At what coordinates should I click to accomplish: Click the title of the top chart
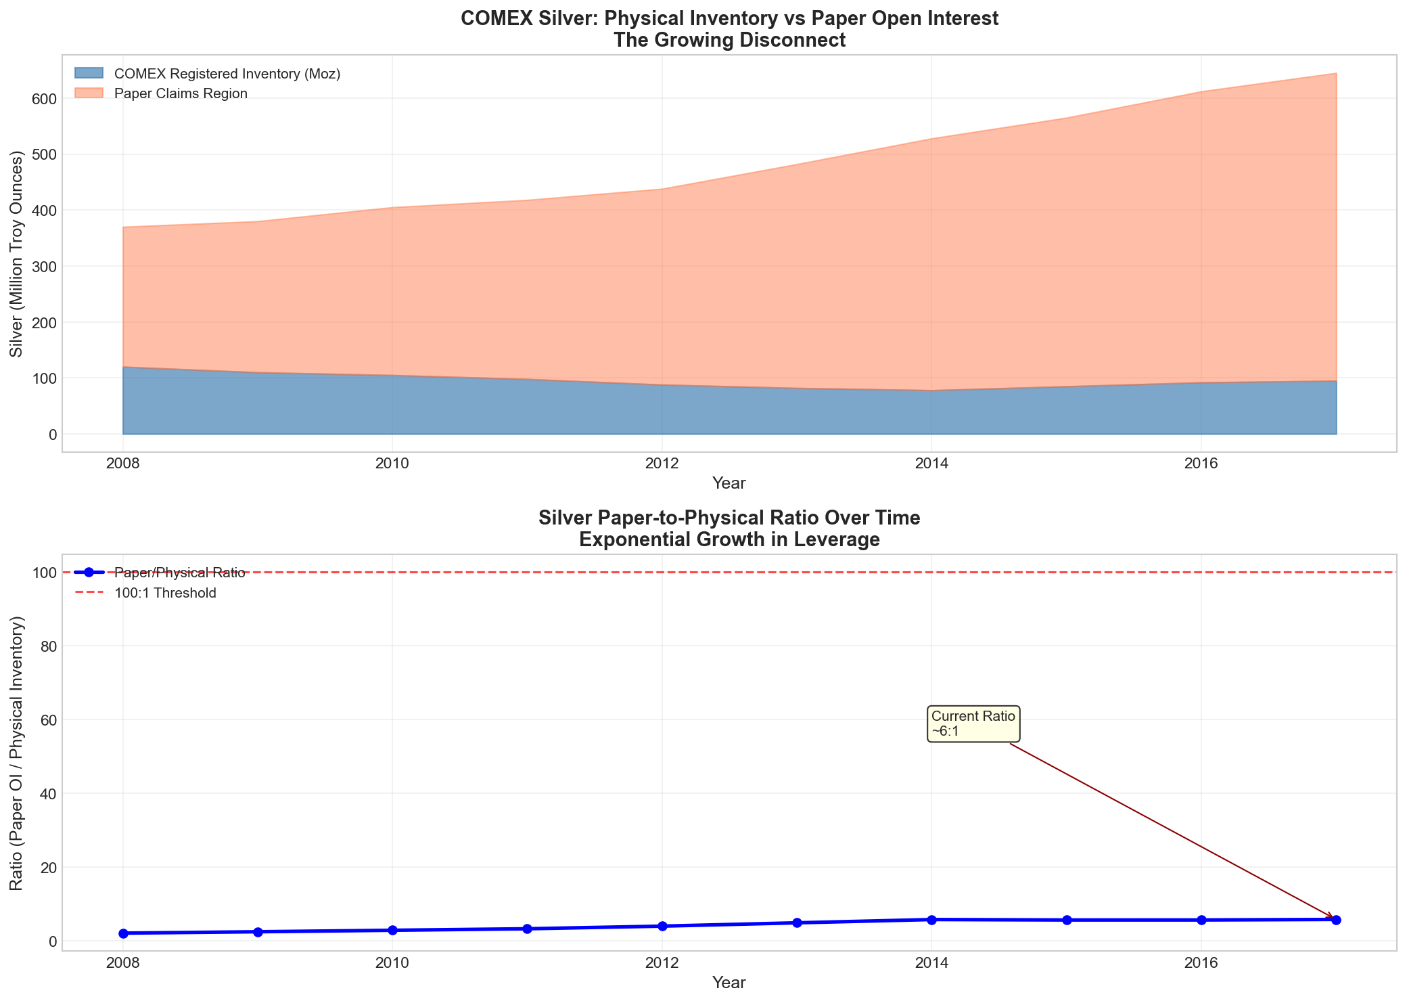729,29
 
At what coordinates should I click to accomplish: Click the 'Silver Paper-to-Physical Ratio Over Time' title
729,529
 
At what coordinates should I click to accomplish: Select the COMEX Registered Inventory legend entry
227,74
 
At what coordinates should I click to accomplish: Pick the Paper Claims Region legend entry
181,93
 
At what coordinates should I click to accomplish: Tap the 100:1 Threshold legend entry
165,594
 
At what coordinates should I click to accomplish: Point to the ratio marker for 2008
123,933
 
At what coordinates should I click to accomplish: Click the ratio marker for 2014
931,920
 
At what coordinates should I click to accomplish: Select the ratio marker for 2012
662,926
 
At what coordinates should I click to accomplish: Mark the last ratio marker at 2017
1336,920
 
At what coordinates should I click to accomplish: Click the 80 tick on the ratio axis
46,646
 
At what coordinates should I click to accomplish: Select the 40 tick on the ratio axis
46,794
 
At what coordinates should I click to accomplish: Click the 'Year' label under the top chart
729,483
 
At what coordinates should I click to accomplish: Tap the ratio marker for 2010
392,930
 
